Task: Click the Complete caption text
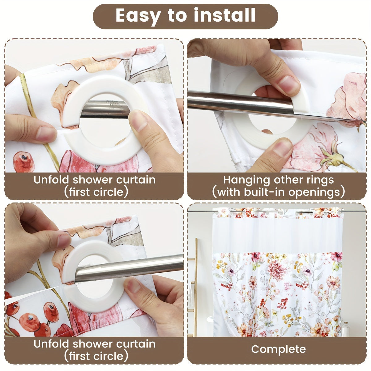pyautogui.click(x=278, y=349)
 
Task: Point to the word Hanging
pyautogui.click(x=247, y=180)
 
